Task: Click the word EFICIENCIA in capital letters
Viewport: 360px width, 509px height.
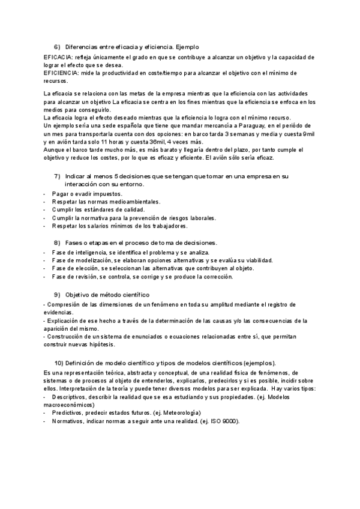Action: click(x=60, y=73)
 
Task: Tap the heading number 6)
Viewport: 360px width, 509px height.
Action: click(x=58, y=46)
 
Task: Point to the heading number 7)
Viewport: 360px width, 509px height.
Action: click(x=58, y=176)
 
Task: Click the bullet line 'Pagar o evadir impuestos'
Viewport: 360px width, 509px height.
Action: click(x=87, y=194)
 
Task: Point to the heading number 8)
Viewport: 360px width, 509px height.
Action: click(x=58, y=242)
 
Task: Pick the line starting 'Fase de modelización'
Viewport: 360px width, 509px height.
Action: click(x=162, y=261)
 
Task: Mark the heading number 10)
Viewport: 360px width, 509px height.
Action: click(x=59, y=363)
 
